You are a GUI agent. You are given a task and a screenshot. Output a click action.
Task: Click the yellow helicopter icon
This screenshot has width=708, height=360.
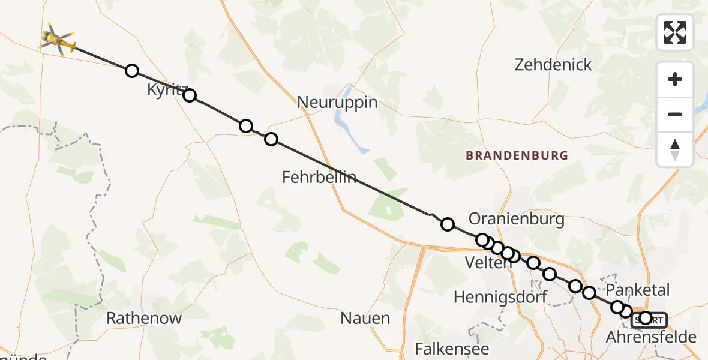57,40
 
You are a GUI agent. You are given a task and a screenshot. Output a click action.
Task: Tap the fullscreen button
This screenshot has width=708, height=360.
675,32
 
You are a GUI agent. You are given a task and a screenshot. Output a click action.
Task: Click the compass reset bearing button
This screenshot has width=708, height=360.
675,149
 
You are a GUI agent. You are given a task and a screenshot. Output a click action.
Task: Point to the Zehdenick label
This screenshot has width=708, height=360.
553,65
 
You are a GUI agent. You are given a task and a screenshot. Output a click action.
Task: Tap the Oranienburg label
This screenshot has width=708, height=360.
517,218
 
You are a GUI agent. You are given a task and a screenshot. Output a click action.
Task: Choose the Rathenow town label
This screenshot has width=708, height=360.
144,318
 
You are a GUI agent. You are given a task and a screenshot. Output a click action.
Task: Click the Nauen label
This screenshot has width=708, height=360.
365,318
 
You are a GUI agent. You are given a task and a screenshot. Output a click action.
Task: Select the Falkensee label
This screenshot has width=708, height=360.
452,349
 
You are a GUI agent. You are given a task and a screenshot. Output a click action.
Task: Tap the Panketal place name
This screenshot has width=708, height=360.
638,289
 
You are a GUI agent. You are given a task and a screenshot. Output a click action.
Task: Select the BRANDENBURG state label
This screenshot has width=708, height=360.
517,155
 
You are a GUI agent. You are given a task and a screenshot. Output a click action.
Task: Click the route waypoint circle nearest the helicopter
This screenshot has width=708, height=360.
132,71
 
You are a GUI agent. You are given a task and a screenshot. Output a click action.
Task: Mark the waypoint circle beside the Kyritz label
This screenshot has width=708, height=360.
190,95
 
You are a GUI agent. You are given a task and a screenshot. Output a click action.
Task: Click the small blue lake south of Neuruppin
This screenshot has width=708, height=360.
348,135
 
